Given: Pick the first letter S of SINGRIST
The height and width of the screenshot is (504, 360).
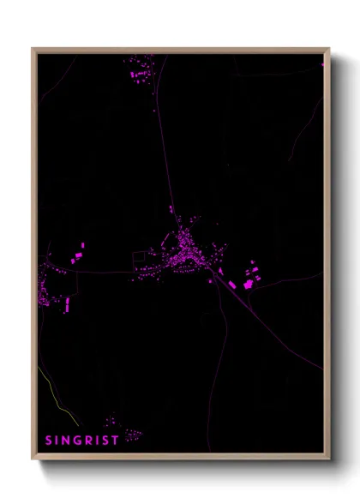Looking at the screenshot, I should [x=48, y=441].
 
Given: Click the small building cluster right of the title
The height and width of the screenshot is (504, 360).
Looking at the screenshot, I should [x=131, y=435].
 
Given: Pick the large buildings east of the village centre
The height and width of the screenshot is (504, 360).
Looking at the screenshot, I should [x=249, y=278].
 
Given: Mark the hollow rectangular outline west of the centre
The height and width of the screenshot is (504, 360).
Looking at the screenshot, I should [x=139, y=258].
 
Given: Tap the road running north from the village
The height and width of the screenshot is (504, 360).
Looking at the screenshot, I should [x=165, y=154].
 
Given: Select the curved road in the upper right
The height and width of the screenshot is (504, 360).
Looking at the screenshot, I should [x=305, y=129].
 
